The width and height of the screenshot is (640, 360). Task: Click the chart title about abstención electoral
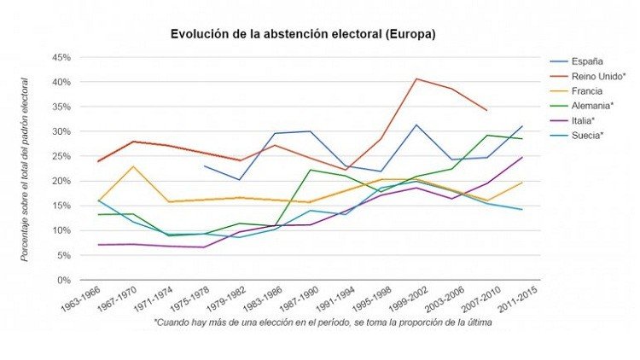coord(303,35)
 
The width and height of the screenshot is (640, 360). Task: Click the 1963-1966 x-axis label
coord(79,299)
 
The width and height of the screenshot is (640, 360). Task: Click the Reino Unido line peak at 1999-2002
coord(416,79)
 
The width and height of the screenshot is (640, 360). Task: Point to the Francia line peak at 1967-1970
coord(131,166)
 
